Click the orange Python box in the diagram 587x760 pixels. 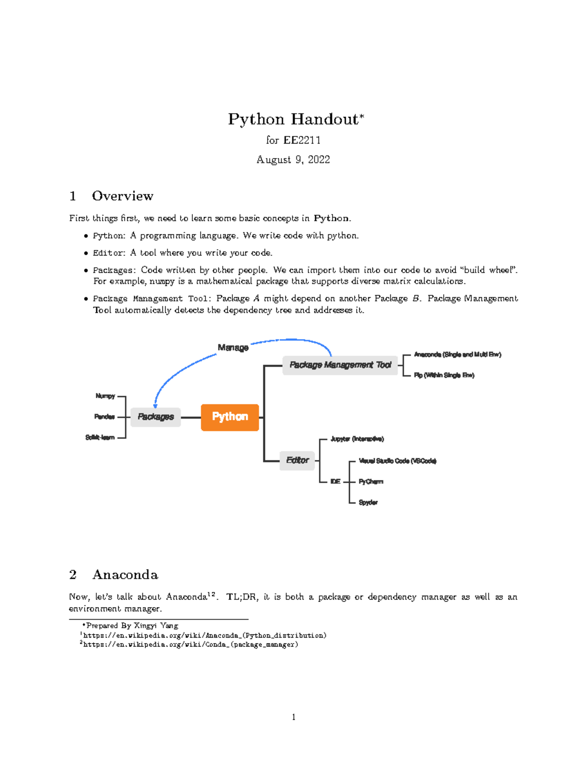click(230, 417)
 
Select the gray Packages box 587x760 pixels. click(156, 417)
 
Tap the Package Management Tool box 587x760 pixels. click(340, 365)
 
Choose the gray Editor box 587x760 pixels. click(297, 461)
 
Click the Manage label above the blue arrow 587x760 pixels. click(233, 347)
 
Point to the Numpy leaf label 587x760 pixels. click(105, 396)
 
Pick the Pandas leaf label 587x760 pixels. click(104, 417)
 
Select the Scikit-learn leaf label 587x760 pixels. click(100, 438)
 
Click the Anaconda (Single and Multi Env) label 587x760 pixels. click(457, 354)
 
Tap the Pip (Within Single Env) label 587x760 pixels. click(444, 375)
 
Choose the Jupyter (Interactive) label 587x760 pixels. click(357, 439)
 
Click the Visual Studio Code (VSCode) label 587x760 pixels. click(397, 461)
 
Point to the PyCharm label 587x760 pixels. click(371, 482)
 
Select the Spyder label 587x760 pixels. click(368, 503)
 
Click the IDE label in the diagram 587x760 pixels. click(335, 482)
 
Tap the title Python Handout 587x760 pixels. click(293, 119)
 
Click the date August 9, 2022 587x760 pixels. click(293, 160)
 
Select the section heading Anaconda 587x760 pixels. click(125, 575)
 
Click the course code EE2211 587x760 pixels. click(302, 140)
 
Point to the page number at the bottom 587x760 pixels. click(293, 717)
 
